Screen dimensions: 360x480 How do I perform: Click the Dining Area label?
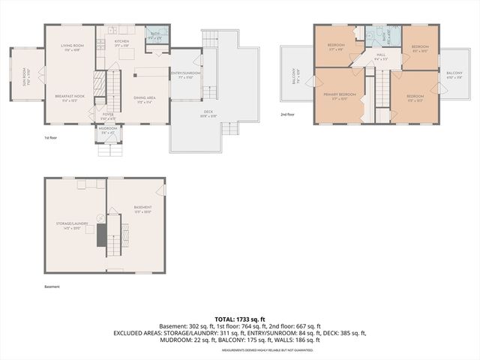(x=144, y=97)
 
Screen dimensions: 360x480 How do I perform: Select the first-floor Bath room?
(x=155, y=34)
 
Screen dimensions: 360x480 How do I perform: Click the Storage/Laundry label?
(x=77, y=223)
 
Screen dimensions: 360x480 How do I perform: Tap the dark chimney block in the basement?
(x=101, y=235)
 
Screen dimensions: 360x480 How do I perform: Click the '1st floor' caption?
(x=51, y=138)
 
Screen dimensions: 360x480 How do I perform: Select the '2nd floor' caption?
(x=287, y=115)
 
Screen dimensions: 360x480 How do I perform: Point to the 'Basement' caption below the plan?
(x=52, y=286)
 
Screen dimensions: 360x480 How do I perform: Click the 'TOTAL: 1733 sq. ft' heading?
(x=240, y=318)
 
